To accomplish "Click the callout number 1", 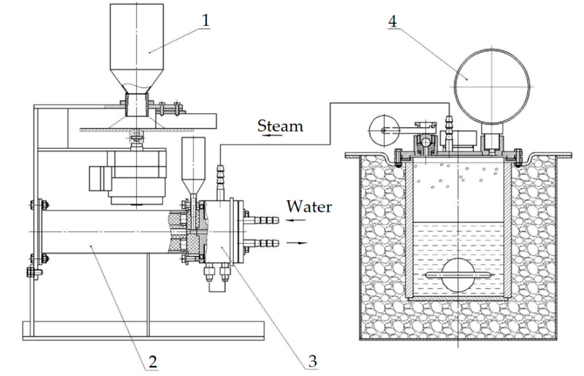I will pos(206,20).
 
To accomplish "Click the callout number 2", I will pos(153,362).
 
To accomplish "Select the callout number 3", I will pos(312,361).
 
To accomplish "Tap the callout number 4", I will pos(392,22).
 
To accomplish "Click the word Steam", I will pos(280,126).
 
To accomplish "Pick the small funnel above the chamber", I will pos(193,160).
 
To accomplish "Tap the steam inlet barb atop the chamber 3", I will pos(220,175).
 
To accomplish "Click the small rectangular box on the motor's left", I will pos(100,179).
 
